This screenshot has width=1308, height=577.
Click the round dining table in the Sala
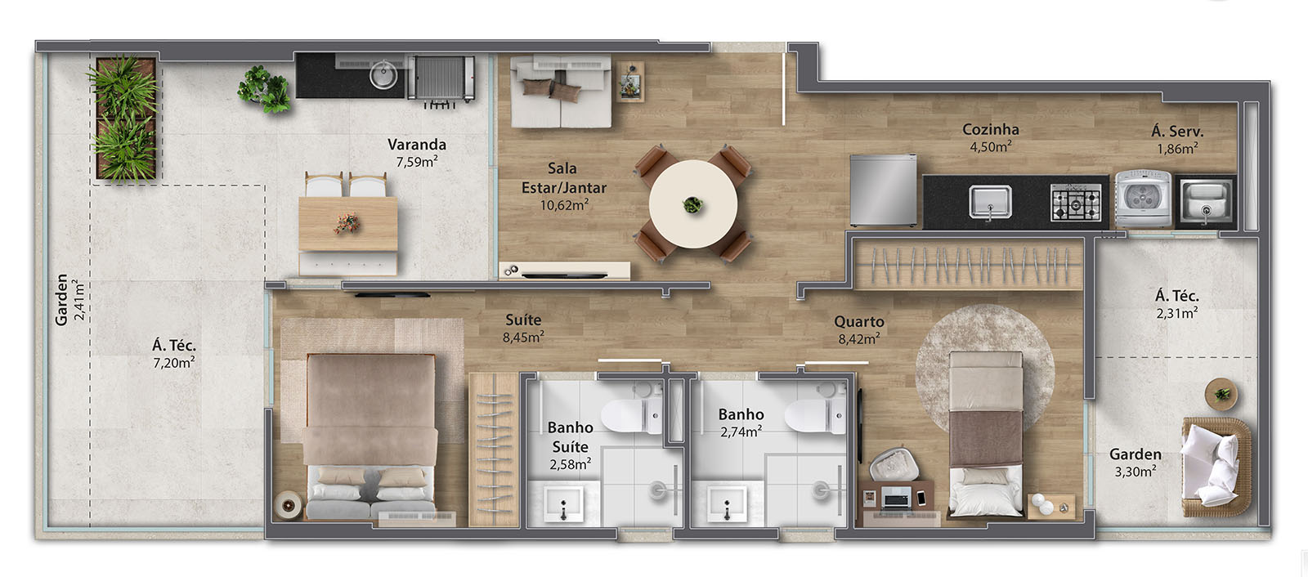click(x=693, y=204)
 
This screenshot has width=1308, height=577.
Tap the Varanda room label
click(x=417, y=144)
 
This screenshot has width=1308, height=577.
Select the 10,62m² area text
click(x=564, y=205)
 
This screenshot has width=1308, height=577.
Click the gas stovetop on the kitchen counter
click(x=1076, y=203)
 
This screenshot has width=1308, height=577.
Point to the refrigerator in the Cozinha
click(x=883, y=190)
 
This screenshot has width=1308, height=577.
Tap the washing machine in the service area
click(x=1144, y=199)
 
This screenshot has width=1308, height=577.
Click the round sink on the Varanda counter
click(x=383, y=75)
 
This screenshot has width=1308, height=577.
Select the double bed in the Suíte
click(x=370, y=436)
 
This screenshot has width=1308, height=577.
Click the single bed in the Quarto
click(x=986, y=433)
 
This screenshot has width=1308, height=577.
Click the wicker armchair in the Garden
click(x=1216, y=467)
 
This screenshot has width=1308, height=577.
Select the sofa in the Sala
click(x=561, y=91)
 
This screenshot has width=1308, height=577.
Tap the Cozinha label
click(x=991, y=129)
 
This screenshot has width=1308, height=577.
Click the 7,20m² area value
click(x=174, y=363)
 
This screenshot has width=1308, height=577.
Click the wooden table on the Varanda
click(x=348, y=224)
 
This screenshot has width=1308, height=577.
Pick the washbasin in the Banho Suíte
click(x=563, y=503)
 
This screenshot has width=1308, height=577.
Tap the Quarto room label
click(x=859, y=322)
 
